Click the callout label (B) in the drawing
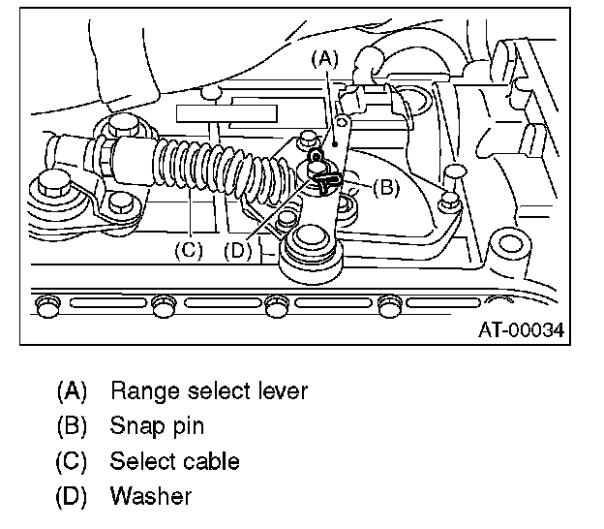(385, 188)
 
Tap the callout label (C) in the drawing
(188, 249)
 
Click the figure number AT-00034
(522, 329)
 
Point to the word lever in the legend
(281, 391)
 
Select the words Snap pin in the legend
(157, 426)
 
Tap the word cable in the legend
(213, 461)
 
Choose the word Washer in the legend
(151, 496)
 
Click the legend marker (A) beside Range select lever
(73, 391)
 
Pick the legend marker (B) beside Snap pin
(73, 426)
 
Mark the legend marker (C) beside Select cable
(73, 461)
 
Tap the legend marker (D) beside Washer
(73, 496)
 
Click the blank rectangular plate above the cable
(223, 110)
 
